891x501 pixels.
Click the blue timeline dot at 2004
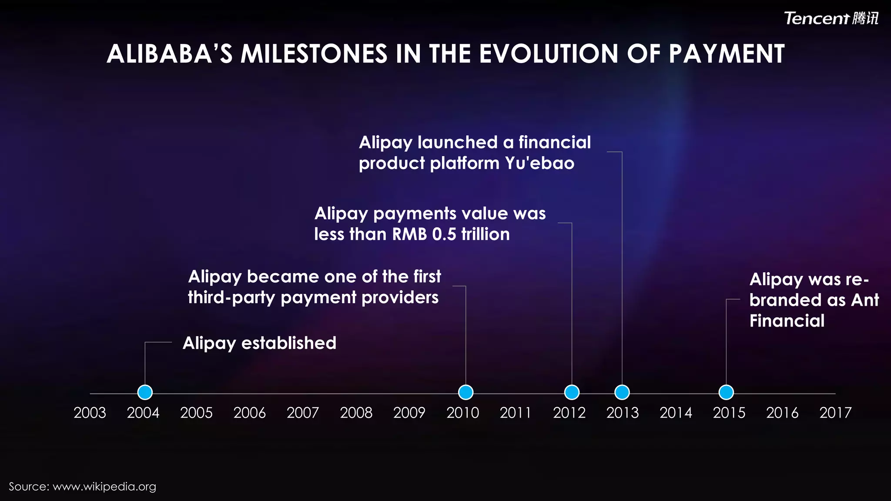tap(145, 392)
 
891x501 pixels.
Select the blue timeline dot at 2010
tap(466, 392)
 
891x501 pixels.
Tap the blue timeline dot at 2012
tap(572, 392)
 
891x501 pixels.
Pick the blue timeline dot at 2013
tap(622, 392)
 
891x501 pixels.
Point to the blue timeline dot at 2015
tap(726, 392)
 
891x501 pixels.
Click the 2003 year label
tap(90, 413)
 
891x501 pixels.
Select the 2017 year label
tap(835, 413)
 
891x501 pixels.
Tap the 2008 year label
tap(356, 413)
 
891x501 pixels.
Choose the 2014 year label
tap(676, 413)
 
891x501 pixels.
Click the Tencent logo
tap(831, 18)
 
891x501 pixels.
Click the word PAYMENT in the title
tap(727, 54)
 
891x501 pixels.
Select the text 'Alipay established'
tap(259, 343)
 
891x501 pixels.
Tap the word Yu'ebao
tap(539, 164)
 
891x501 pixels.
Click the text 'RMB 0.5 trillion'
tap(451, 234)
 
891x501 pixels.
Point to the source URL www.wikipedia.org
tap(104, 487)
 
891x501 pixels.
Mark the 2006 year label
tap(249, 413)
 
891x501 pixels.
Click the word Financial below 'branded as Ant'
tap(787, 321)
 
